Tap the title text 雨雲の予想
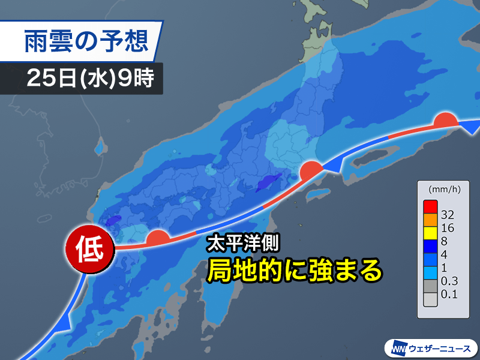coord(83,41)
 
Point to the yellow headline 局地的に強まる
coord(294,271)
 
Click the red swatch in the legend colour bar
coord(429,205)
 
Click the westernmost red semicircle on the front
coord(157,238)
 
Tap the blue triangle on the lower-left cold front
coord(65,325)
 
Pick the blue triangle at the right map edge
coord(473,127)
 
